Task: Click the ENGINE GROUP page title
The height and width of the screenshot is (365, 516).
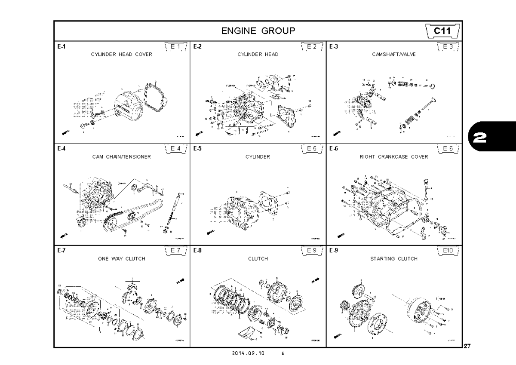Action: click(258, 31)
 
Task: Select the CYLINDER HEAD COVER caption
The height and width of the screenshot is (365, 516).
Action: click(121, 55)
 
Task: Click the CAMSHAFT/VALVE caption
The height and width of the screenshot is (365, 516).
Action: click(393, 55)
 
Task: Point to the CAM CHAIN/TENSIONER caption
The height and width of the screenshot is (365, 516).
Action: click(121, 157)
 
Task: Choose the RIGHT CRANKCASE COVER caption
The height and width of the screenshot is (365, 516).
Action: click(393, 157)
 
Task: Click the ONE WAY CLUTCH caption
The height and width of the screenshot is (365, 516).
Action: click(121, 259)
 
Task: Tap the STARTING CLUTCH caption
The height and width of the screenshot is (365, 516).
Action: click(393, 259)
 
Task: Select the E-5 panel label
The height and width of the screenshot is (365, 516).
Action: click(197, 149)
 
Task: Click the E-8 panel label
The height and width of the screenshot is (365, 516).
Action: click(197, 251)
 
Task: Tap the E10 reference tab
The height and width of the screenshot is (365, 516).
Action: click(448, 250)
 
